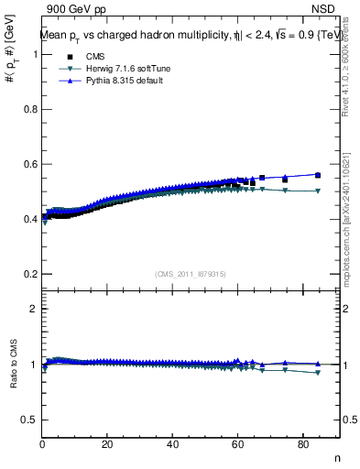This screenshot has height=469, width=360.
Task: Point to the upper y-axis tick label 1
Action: (x=34, y=54)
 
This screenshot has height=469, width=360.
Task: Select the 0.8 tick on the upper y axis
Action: (x=30, y=109)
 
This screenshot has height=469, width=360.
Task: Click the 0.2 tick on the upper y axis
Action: (x=30, y=274)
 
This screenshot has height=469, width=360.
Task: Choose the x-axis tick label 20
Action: (x=107, y=444)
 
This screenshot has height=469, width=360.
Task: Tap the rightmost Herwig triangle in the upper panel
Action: (x=318, y=191)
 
